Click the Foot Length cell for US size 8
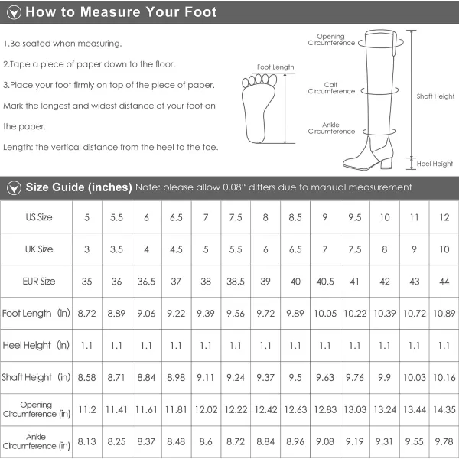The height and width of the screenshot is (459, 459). coord(265,314)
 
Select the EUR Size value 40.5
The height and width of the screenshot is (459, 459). coord(325,282)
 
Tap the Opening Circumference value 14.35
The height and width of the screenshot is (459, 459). coord(444,409)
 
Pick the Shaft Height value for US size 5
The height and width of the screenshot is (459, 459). coord(86,378)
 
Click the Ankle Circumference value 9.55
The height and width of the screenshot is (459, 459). coord(414,441)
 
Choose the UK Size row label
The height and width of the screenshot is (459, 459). coord(39,249)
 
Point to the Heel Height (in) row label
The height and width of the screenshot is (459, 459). coord(36,346)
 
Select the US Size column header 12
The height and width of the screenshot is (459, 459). coord(444,217)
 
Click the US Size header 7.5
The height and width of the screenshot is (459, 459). coord(236,217)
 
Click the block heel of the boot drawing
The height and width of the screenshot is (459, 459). coord(386,162)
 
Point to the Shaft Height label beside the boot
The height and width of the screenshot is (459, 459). coord(435,96)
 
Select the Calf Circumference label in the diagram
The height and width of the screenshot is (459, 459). coord(331,88)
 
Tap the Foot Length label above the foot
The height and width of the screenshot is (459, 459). coord(275,67)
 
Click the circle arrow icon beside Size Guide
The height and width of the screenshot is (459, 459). coord(14,187)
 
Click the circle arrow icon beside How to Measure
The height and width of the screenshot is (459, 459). coord(14,12)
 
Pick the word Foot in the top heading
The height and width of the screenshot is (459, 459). coord(200,12)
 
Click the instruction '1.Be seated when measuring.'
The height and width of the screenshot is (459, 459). coord(63,44)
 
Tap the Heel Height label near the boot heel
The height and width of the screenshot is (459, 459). coord(435,164)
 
